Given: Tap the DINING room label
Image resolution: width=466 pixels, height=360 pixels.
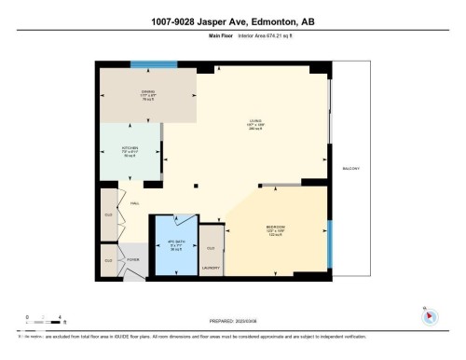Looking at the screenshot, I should coord(144,92).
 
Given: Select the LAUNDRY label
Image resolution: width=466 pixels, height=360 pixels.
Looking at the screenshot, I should coord(212,266).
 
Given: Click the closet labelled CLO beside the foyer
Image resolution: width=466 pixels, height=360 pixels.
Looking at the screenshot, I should coord(108,260).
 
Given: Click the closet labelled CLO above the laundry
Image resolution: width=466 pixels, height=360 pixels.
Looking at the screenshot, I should coord(212,247).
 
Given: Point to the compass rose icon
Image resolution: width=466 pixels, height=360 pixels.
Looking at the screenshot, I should coord(430,315).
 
